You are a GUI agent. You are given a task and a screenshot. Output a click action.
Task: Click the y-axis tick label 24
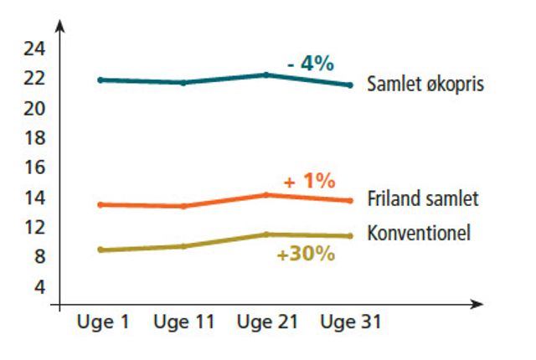pos(33,48)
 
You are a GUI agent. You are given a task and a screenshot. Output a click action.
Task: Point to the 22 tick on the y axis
pos(33,78)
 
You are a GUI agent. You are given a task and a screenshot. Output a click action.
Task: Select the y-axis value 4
pos(39,286)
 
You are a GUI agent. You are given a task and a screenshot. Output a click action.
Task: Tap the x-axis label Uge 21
pos(267,322)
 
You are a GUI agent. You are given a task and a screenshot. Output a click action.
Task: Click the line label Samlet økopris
pos(425,85)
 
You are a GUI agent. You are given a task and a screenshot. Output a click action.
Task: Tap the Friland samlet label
pos(423,199)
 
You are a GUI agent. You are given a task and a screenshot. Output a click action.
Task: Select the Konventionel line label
pos(419,233)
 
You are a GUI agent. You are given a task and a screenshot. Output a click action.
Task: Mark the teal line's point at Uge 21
pos(266,75)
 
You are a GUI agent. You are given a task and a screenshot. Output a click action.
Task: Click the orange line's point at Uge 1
pos(101,204)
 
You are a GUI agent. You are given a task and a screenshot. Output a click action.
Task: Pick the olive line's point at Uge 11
pos(183,246)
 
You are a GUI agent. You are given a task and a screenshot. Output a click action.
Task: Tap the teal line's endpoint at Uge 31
pos(349,85)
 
